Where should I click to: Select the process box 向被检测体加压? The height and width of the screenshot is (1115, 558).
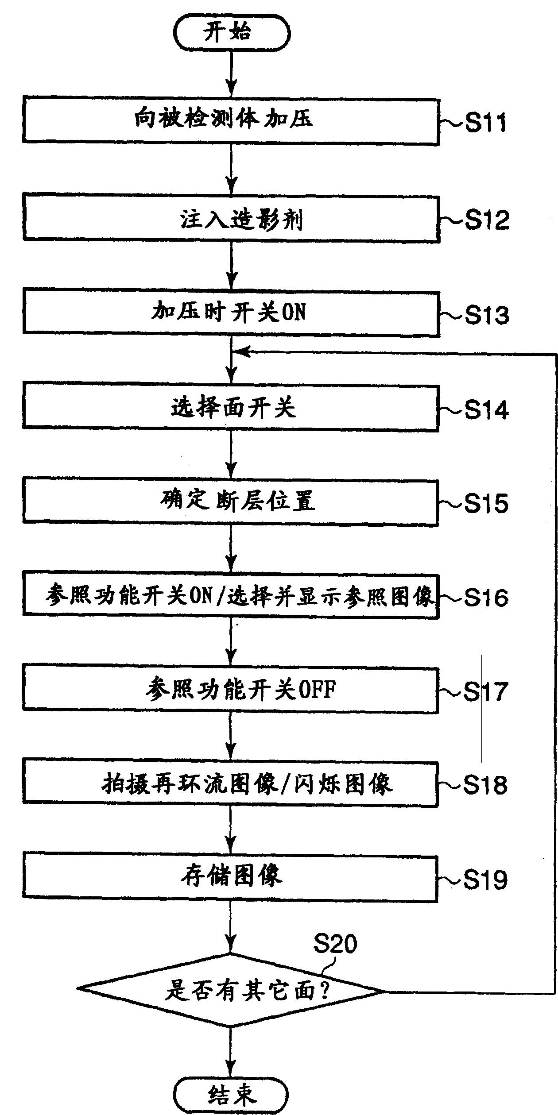(231, 121)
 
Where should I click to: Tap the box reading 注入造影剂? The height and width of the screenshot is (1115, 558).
(231, 220)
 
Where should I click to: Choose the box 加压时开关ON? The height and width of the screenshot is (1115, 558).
(231, 313)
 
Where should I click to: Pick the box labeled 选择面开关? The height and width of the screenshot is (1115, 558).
(231, 408)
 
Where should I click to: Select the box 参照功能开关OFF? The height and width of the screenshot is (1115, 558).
(231, 690)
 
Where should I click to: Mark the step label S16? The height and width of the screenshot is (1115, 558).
(486, 598)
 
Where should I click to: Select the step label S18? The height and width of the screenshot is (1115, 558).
(485, 785)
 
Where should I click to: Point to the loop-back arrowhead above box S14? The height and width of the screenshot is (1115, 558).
(239, 352)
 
